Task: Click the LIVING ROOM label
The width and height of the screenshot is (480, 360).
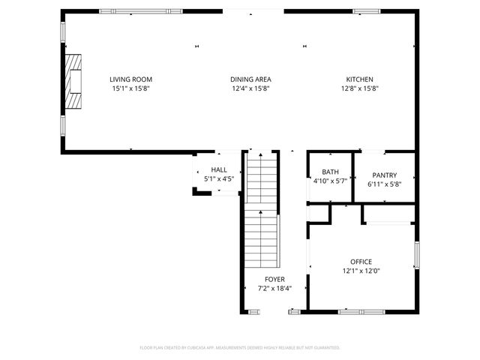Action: coord(131,79)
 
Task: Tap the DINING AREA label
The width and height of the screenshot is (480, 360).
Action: coord(250,79)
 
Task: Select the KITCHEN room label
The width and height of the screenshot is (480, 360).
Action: coord(359,79)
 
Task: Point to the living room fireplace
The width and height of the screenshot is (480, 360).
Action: coord(73,82)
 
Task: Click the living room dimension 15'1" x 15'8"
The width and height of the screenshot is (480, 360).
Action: coord(131,88)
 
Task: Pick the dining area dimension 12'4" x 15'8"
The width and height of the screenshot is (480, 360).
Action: coord(250,88)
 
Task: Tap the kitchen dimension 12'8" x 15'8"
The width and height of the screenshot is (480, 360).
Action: coord(359,88)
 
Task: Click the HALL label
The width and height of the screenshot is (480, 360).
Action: coord(219,170)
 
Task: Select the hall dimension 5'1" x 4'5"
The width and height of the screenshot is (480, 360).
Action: coord(219,179)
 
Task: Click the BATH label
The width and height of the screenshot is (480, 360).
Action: coord(330,172)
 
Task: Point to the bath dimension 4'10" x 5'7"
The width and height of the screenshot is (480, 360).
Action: coord(330,181)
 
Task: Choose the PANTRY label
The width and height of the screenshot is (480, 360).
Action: coord(384,175)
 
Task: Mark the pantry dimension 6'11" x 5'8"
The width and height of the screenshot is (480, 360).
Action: coord(384,184)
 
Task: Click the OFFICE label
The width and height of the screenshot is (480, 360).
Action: coord(361,262)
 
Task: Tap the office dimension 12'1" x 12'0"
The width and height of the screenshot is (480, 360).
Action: coord(361,271)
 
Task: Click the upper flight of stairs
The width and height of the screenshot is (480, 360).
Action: coord(262,177)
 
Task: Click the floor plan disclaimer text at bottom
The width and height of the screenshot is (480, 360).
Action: coord(240,347)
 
